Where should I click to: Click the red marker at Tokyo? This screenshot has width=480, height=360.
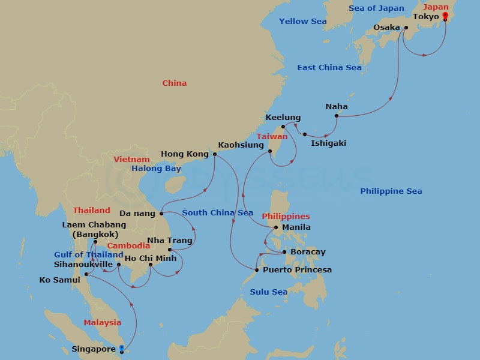click(x=445, y=16)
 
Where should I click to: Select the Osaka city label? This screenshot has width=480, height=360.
click(x=386, y=28)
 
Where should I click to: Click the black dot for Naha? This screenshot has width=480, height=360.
click(x=337, y=116)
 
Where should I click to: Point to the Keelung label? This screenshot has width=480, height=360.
click(x=283, y=118)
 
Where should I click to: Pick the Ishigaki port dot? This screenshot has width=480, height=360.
click(x=305, y=134)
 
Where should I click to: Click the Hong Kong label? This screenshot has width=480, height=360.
click(x=185, y=154)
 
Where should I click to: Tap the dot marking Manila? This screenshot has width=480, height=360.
click(x=276, y=227)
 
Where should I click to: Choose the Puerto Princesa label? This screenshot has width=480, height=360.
click(x=298, y=270)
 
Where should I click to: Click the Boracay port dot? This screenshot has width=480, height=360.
click(x=284, y=253)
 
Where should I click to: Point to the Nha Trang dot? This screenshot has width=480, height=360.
click(x=170, y=250)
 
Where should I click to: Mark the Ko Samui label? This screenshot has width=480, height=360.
click(x=59, y=280)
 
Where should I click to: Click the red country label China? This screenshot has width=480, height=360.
click(x=175, y=83)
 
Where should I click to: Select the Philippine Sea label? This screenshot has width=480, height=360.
click(x=391, y=191)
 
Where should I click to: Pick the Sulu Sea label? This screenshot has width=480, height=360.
click(x=268, y=292)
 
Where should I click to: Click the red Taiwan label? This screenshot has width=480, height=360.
click(x=272, y=137)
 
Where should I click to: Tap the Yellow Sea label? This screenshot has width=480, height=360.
click(x=303, y=22)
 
